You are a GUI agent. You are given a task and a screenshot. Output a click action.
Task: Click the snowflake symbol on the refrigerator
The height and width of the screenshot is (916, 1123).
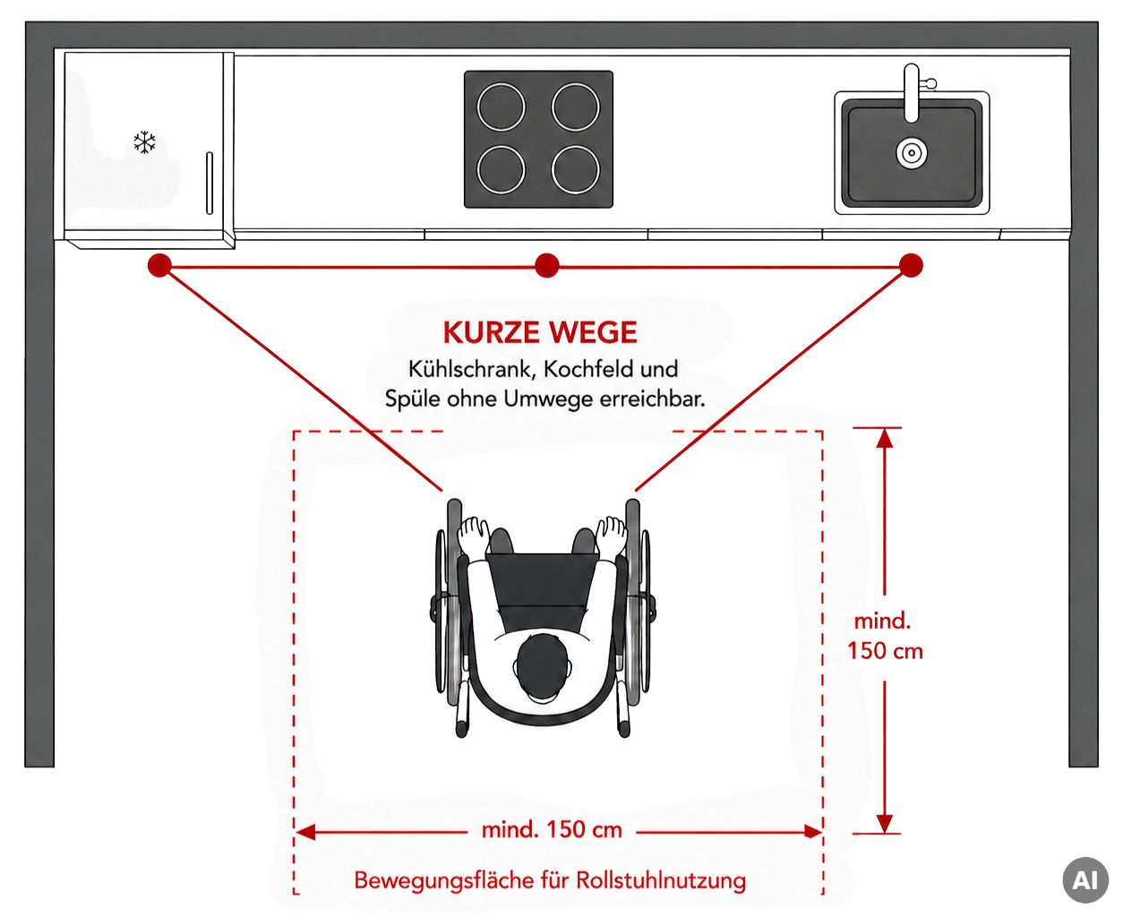(144, 142)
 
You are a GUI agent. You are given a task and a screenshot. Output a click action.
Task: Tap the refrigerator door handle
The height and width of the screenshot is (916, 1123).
(210, 184)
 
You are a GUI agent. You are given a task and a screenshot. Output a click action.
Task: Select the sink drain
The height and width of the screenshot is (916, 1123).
(911, 153)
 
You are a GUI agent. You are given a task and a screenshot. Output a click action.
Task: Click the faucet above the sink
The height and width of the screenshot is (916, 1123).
(913, 92)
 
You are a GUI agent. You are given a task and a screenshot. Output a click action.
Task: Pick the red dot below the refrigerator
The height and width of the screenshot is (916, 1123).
(159, 265)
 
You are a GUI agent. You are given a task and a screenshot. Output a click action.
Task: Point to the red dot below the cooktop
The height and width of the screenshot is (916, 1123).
(547, 265)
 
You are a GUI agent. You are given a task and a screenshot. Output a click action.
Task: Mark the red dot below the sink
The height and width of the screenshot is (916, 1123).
(911, 265)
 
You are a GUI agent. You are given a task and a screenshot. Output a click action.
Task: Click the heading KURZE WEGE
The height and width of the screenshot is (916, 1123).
(540, 332)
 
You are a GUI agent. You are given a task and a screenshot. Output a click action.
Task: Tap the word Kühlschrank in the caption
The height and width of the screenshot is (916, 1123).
(472, 369)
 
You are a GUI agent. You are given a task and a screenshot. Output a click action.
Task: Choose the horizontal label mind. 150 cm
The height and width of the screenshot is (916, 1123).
(552, 830)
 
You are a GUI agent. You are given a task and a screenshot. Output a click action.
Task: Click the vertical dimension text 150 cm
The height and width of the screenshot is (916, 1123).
(885, 651)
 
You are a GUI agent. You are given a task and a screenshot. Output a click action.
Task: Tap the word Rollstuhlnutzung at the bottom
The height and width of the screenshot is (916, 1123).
(661, 880)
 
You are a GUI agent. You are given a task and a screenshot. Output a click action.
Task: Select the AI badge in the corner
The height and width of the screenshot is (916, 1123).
(1085, 880)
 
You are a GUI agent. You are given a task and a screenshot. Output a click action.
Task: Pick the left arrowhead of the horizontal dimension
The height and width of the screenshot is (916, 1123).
(305, 832)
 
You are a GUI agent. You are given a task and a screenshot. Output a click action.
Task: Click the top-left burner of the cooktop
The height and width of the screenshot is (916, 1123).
(501, 107)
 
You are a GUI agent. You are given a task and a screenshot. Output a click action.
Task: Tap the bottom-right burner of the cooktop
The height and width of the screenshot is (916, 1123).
(576, 170)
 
